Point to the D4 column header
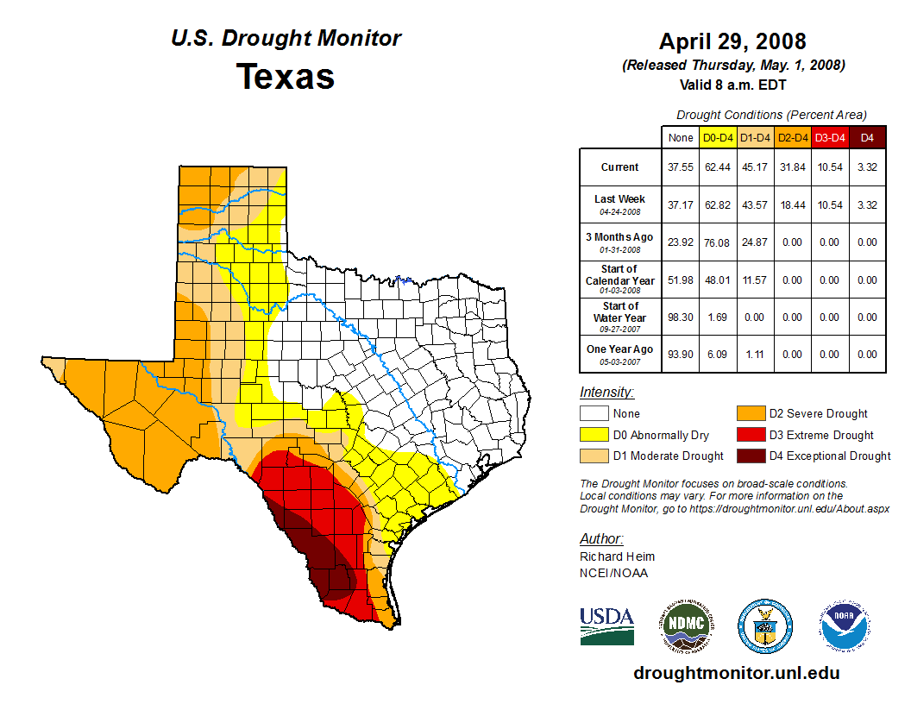click(867, 137)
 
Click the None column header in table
click(681, 137)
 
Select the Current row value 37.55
click(681, 167)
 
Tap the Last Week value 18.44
click(793, 204)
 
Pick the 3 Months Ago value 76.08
click(718, 242)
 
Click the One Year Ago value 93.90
click(681, 355)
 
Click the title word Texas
click(286, 76)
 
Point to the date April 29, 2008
click(732, 41)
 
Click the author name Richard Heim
click(617, 556)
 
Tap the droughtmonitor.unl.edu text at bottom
click(736, 673)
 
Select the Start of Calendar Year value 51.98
click(681, 280)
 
